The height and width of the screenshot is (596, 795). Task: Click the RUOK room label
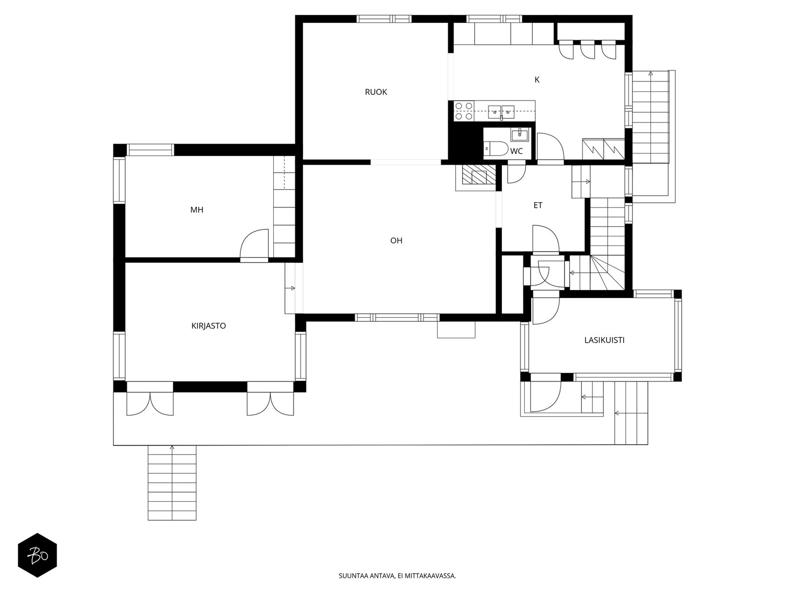point(376,92)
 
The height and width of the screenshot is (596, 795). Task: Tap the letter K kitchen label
point(537,79)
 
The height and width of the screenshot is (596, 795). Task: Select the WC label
point(516,151)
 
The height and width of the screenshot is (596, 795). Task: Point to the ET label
point(538,205)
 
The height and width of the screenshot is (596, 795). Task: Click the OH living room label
point(396,241)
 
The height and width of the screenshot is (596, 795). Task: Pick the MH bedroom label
point(197,210)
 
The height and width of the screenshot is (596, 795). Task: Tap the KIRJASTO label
point(209,326)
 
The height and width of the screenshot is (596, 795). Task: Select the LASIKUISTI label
point(604,340)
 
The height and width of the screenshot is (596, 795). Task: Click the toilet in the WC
point(496,149)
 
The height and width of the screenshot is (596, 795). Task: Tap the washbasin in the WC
point(520,134)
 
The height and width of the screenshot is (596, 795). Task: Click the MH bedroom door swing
point(254,245)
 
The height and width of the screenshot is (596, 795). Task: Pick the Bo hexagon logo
point(38,555)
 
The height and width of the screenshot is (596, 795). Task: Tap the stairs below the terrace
point(172,483)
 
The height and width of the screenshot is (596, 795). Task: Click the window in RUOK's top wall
point(384,19)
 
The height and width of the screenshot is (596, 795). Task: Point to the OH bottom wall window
point(397,318)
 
